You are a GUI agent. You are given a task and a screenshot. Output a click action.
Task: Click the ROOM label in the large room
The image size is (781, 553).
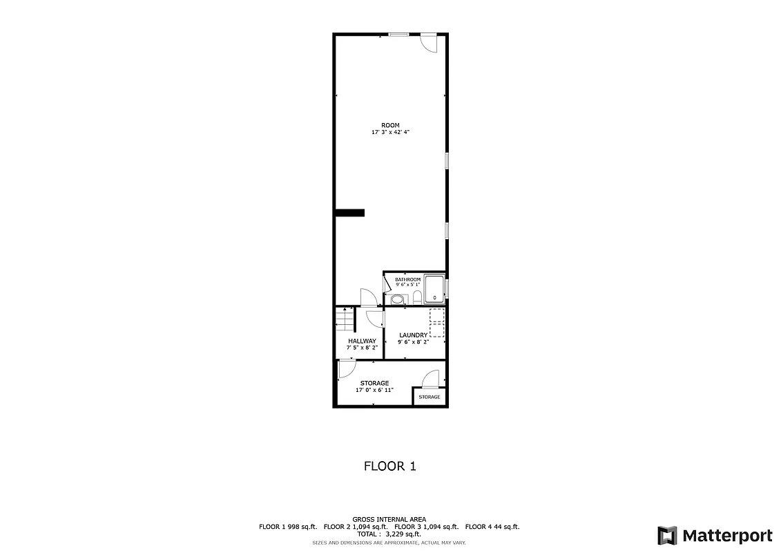pyautogui.click(x=390, y=125)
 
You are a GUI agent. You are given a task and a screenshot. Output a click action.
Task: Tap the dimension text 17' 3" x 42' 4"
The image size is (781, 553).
pyautogui.click(x=390, y=132)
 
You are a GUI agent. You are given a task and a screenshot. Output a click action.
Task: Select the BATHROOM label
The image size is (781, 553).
pyautogui.click(x=407, y=279)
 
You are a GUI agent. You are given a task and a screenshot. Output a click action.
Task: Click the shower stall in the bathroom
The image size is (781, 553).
pyautogui.click(x=434, y=288)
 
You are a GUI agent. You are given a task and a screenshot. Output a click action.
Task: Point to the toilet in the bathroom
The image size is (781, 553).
pyautogui.click(x=417, y=298)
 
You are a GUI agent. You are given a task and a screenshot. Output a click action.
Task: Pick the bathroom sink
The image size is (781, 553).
pyautogui.click(x=396, y=299)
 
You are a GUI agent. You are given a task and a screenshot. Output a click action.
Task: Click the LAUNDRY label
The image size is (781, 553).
pyautogui.click(x=413, y=335)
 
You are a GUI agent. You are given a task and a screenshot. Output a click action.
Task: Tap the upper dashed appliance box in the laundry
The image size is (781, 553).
pyautogui.click(x=436, y=316)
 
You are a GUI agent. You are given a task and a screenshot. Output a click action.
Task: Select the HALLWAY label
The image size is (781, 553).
pyautogui.click(x=362, y=341)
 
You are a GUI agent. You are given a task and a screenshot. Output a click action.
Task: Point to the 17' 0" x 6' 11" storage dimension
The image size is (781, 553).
pyautogui.click(x=374, y=390)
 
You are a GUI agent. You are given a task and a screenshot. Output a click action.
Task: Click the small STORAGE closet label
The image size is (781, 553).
pyautogui.click(x=429, y=397)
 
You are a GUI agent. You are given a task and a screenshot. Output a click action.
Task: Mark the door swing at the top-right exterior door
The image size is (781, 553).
pyautogui.click(x=429, y=43)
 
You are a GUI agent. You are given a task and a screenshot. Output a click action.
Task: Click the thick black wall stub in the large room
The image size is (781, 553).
pyautogui.click(x=350, y=213)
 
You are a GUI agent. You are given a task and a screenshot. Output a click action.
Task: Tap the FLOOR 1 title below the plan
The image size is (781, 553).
pyautogui.click(x=390, y=467)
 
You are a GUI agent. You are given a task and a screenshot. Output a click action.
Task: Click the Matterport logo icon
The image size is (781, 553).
pyautogui.click(x=667, y=535)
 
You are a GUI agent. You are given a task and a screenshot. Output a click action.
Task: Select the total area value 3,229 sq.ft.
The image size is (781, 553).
pyautogui.click(x=402, y=534)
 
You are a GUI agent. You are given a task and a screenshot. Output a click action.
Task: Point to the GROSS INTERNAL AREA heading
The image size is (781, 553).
pyautogui.click(x=389, y=519)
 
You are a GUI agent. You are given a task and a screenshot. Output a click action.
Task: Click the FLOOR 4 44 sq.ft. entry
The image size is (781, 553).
pyautogui.click(x=492, y=527)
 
